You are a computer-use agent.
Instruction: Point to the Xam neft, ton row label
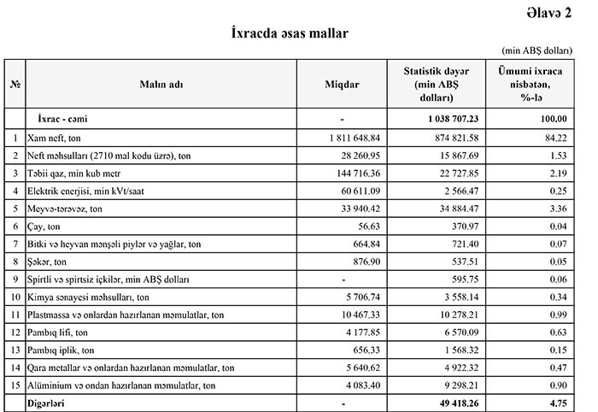[x=57, y=137]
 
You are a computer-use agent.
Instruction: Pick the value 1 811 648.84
[x=352, y=137]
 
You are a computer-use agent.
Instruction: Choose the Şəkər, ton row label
[x=47, y=262]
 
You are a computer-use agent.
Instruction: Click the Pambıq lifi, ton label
[x=58, y=333]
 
